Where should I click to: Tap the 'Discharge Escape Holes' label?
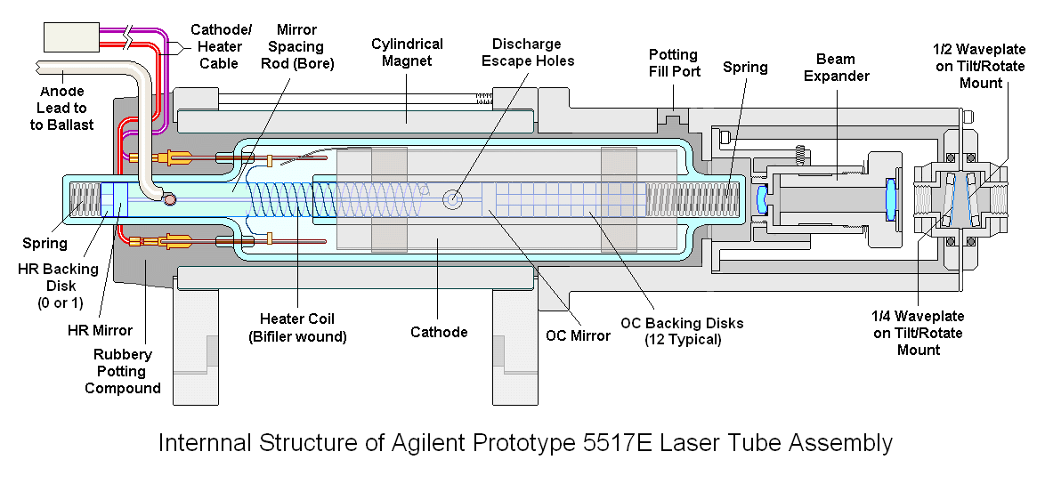tap(527, 52)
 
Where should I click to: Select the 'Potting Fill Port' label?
tap(674, 63)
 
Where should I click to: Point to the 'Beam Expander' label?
tap(836, 68)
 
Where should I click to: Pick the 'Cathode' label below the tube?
tap(439, 332)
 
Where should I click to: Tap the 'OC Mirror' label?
tap(579, 335)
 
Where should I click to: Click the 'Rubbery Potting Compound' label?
tap(123, 371)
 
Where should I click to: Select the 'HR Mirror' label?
tap(100, 330)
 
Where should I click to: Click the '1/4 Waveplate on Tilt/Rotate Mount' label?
tap(918, 333)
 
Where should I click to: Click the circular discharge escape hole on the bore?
tap(454, 199)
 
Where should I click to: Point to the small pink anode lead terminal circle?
tap(169, 199)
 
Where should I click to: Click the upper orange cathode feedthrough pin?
tap(172, 158)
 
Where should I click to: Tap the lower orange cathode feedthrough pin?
tap(172, 240)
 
